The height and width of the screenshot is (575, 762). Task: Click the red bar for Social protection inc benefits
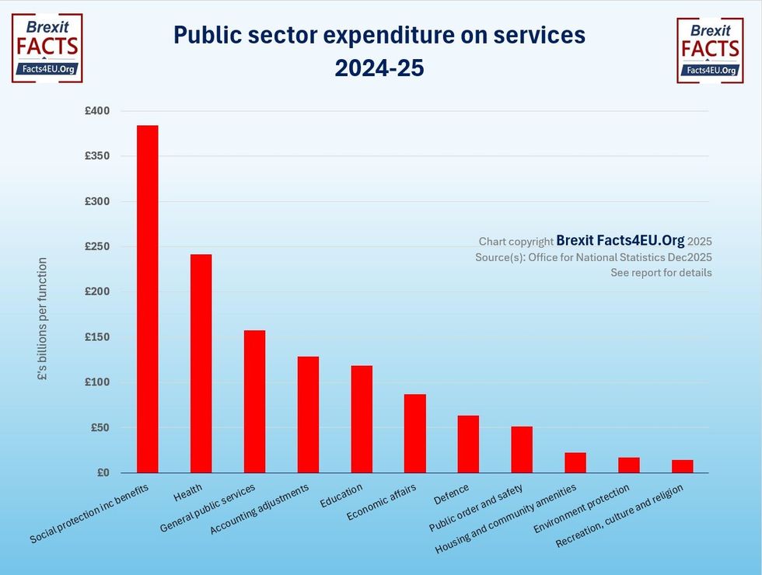tap(147, 299)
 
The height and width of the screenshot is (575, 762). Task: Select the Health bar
tap(201, 364)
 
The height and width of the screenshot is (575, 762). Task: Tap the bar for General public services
tap(254, 401)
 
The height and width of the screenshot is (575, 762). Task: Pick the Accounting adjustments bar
tap(308, 414)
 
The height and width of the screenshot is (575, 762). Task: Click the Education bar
tap(362, 419)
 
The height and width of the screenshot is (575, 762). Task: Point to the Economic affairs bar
tap(414, 433)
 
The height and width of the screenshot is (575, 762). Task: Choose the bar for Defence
tap(468, 444)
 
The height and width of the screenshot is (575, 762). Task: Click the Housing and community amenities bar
tap(575, 462)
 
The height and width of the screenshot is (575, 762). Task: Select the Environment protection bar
tap(629, 465)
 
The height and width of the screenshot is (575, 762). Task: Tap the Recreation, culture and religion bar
tap(683, 466)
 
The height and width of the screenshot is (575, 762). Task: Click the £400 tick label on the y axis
tap(97, 111)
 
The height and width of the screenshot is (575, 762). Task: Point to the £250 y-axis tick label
tap(97, 247)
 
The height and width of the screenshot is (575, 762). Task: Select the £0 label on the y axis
tap(103, 472)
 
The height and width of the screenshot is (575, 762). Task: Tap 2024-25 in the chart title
tap(379, 68)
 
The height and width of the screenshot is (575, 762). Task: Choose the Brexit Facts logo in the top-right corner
tap(710, 51)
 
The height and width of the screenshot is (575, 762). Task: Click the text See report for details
tap(661, 273)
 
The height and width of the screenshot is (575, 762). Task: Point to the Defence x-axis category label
tap(451, 492)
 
